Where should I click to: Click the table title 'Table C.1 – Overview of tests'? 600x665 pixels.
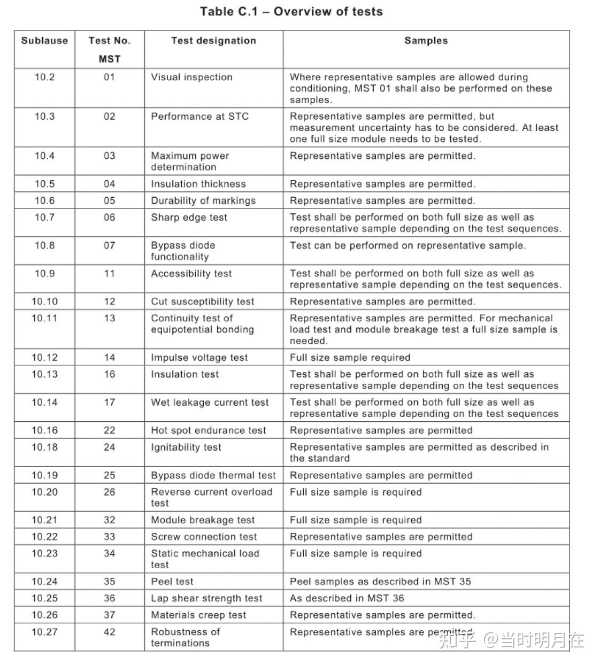(x=291, y=11)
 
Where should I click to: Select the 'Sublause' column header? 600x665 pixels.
(x=44, y=41)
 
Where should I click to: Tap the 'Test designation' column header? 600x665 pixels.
(x=213, y=41)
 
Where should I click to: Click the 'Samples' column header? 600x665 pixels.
(x=426, y=41)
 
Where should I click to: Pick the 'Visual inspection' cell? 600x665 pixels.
(x=191, y=77)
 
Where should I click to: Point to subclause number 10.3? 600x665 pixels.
(x=44, y=117)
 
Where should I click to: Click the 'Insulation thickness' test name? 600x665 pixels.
(x=198, y=184)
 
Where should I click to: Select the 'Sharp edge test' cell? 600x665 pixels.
(x=189, y=218)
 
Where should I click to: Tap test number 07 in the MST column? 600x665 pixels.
(x=109, y=245)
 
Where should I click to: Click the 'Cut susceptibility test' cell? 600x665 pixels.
(x=202, y=301)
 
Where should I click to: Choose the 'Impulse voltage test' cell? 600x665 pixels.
(x=199, y=358)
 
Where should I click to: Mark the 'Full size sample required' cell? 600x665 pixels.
(x=350, y=358)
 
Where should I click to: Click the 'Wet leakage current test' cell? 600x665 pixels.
(x=210, y=403)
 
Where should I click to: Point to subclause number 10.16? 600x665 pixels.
(x=44, y=430)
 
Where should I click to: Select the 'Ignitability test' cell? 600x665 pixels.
(x=186, y=447)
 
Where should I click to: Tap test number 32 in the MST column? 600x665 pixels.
(x=109, y=520)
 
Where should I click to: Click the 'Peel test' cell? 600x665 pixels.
(x=172, y=582)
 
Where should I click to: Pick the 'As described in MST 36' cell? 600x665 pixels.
(x=347, y=598)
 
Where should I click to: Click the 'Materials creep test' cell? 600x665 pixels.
(x=198, y=615)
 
